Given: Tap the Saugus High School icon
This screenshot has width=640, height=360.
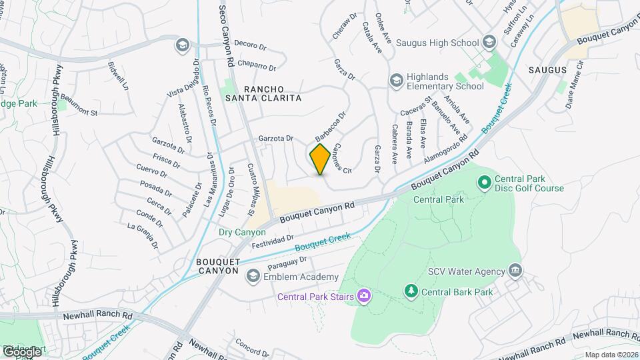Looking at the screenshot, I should (x=490, y=43).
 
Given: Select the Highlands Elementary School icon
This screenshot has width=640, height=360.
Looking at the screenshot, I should (x=396, y=80).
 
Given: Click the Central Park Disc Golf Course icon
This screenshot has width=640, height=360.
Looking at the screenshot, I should (x=484, y=181).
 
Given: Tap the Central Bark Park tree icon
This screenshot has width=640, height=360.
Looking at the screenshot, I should (x=411, y=291).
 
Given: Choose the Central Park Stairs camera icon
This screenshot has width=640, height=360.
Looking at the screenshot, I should (x=364, y=295).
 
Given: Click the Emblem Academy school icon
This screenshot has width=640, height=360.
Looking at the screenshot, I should (x=253, y=277).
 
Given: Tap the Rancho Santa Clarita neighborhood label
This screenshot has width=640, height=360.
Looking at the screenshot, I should (x=272, y=93).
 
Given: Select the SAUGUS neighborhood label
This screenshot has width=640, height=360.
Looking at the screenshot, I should (x=547, y=69).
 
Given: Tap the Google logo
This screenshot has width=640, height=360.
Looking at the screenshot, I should (x=22, y=351).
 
